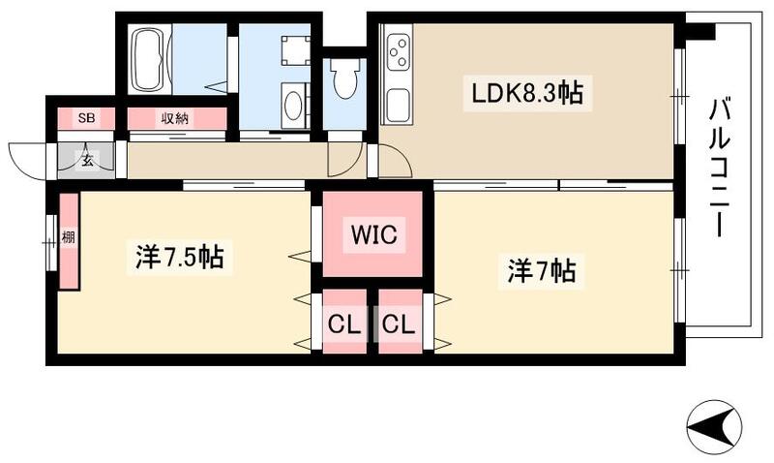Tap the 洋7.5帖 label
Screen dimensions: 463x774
[179, 257]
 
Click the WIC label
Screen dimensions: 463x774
[372, 234]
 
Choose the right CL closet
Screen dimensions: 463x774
[399, 324]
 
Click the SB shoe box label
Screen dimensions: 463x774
[87, 118]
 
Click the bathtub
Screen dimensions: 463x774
[150, 58]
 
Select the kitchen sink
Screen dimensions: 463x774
[398, 100]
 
